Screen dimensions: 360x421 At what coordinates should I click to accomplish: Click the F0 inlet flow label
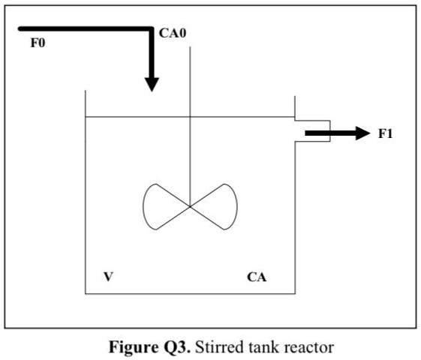pyautogui.click(x=38, y=43)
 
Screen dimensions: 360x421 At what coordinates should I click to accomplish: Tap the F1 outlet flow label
pyautogui.click(x=385, y=134)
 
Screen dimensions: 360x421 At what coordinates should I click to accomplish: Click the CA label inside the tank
pyautogui.click(x=257, y=277)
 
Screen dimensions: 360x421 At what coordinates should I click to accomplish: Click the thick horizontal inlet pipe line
pyautogui.click(x=83, y=28)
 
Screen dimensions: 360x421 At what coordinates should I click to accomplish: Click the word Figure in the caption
pyautogui.click(x=134, y=347)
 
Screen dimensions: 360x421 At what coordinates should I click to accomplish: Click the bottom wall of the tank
pyautogui.click(x=188, y=292)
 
